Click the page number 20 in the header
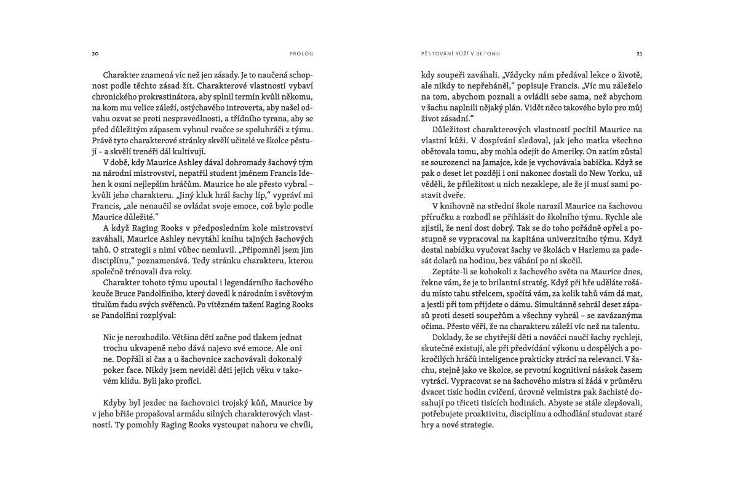pyautogui.click(x=95, y=54)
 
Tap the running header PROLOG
pyautogui.click(x=301, y=54)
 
